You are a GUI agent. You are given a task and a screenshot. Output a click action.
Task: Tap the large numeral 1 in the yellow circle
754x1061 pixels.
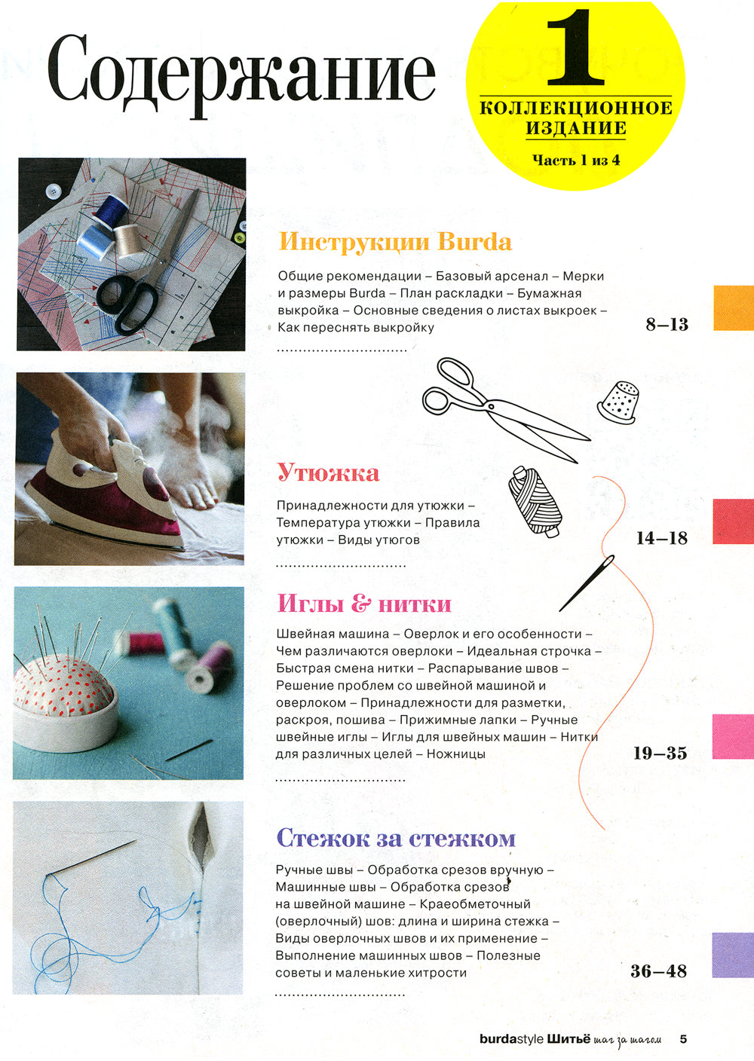[x=575, y=50]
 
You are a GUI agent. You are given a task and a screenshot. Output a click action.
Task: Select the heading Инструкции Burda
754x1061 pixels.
[x=395, y=242]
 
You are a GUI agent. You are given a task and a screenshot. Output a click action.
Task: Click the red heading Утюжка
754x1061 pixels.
[x=328, y=472]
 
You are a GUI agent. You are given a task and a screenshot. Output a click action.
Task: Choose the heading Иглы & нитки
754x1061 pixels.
[x=364, y=604]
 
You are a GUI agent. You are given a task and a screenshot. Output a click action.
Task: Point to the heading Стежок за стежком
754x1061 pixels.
[x=396, y=837]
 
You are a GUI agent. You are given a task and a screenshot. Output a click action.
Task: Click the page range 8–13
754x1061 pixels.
[x=667, y=325]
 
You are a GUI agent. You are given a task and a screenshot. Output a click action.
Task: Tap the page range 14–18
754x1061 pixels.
[x=662, y=538]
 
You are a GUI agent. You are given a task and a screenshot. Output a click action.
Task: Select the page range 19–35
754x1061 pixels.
[x=660, y=753]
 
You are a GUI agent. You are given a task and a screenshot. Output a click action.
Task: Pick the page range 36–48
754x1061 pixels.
[x=659, y=971]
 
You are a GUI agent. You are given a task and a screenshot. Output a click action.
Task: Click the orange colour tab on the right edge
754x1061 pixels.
[x=733, y=307]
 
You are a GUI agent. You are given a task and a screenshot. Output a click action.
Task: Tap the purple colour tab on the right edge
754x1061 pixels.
[x=733, y=954]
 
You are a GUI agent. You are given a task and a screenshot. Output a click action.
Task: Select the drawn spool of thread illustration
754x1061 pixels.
[x=534, y=501]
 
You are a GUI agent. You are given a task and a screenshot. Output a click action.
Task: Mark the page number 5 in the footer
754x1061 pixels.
[x=683, y=1039]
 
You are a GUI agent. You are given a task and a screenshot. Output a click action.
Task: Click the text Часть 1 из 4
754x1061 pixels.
[x=576, y=160]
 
